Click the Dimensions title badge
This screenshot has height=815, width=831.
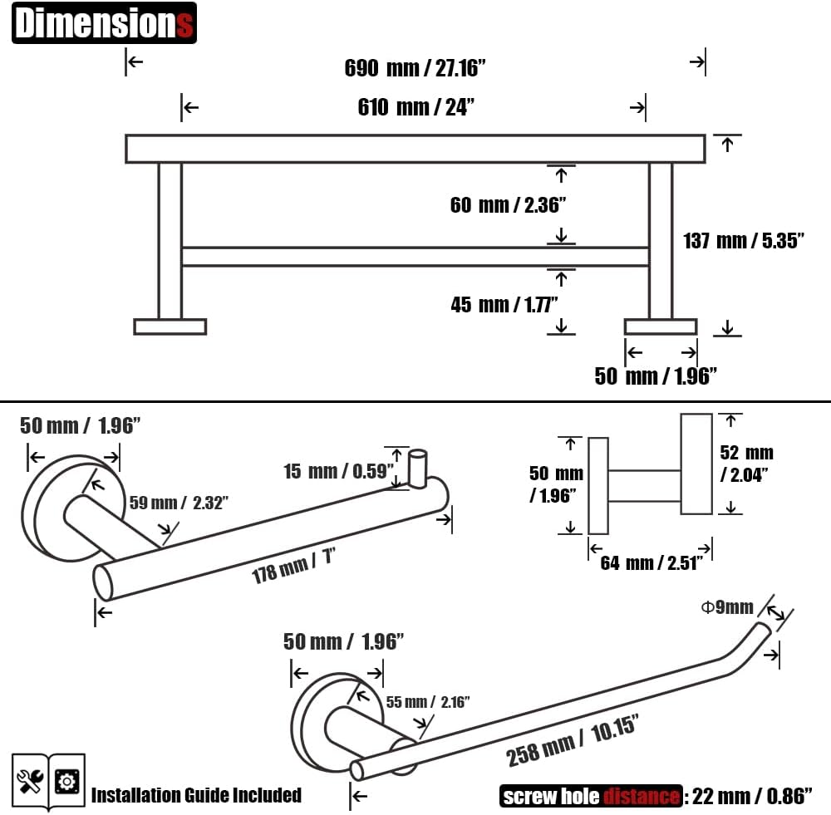tap(104, 23)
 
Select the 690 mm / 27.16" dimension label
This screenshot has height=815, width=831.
tap(415, 68)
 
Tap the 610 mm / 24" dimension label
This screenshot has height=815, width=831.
tap(415, 107)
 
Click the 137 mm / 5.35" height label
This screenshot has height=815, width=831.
tap(744, 242)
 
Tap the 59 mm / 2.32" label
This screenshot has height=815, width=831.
tap(178, 503)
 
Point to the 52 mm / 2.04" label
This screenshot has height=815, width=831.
tap(746, 463)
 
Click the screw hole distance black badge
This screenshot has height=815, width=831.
tap(591, 796)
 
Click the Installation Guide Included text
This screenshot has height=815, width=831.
tap(196, 795)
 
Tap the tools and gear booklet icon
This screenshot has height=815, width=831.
tap(49, 781)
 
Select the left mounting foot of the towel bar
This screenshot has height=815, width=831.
tap(170, 326)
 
